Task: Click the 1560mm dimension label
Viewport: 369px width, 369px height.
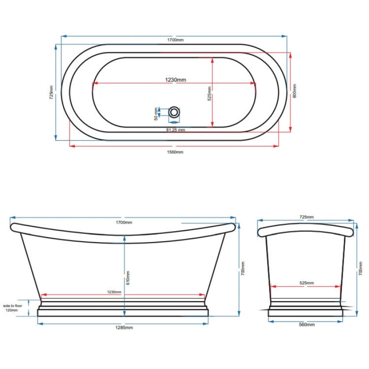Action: click(175, 152)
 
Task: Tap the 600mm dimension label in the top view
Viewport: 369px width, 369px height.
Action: click(295, 91)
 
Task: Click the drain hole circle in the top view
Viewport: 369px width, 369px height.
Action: click(174, 112)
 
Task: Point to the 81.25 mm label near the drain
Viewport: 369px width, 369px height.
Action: click(176, 130)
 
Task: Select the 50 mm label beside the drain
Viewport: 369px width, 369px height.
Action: click(155, 113)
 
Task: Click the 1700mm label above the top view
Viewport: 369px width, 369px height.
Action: click(175, 40)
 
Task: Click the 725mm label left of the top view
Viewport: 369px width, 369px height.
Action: click(51, 92)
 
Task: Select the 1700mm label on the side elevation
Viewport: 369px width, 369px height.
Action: click(124, 222)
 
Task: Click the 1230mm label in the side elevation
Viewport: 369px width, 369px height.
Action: click(114, 292)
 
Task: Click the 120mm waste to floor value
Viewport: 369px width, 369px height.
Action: click(12, 310)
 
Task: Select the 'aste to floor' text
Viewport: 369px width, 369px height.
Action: click(13, 305)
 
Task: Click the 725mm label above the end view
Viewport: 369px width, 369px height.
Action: click(307, 217)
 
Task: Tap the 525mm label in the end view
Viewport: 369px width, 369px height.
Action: click(307, 283)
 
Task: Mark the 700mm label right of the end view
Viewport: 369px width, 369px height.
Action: click(360, 268)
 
